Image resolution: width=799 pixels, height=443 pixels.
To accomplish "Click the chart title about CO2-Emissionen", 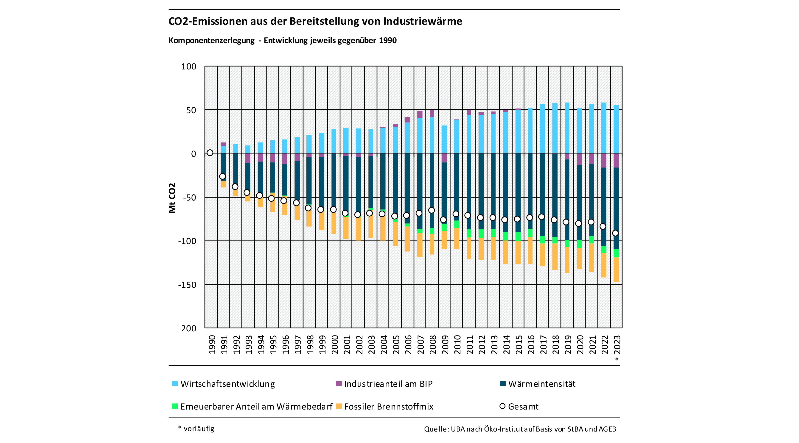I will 315,21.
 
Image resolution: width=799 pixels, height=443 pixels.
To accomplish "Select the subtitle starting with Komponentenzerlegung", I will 282,41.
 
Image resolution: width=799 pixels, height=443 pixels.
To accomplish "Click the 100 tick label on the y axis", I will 189,67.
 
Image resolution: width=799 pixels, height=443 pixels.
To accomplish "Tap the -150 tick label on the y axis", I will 187,285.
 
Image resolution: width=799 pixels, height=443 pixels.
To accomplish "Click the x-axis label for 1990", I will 212,344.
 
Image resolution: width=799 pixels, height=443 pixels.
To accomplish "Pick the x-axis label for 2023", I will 617,344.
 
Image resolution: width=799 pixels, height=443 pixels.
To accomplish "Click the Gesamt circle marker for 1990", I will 210,153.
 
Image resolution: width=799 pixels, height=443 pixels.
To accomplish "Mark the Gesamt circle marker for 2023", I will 615,233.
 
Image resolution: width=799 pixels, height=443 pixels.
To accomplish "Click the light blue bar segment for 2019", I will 567,128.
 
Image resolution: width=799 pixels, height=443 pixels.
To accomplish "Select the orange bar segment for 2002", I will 359,229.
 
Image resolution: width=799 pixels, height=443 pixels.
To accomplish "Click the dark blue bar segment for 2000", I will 334,180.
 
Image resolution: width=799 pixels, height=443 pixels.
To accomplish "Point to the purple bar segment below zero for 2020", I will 579,159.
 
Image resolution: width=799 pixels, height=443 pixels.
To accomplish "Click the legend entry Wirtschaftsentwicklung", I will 223,384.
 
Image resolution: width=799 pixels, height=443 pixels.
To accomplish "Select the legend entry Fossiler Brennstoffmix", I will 385,406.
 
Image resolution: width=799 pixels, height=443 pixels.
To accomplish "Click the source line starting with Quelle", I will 520,429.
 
